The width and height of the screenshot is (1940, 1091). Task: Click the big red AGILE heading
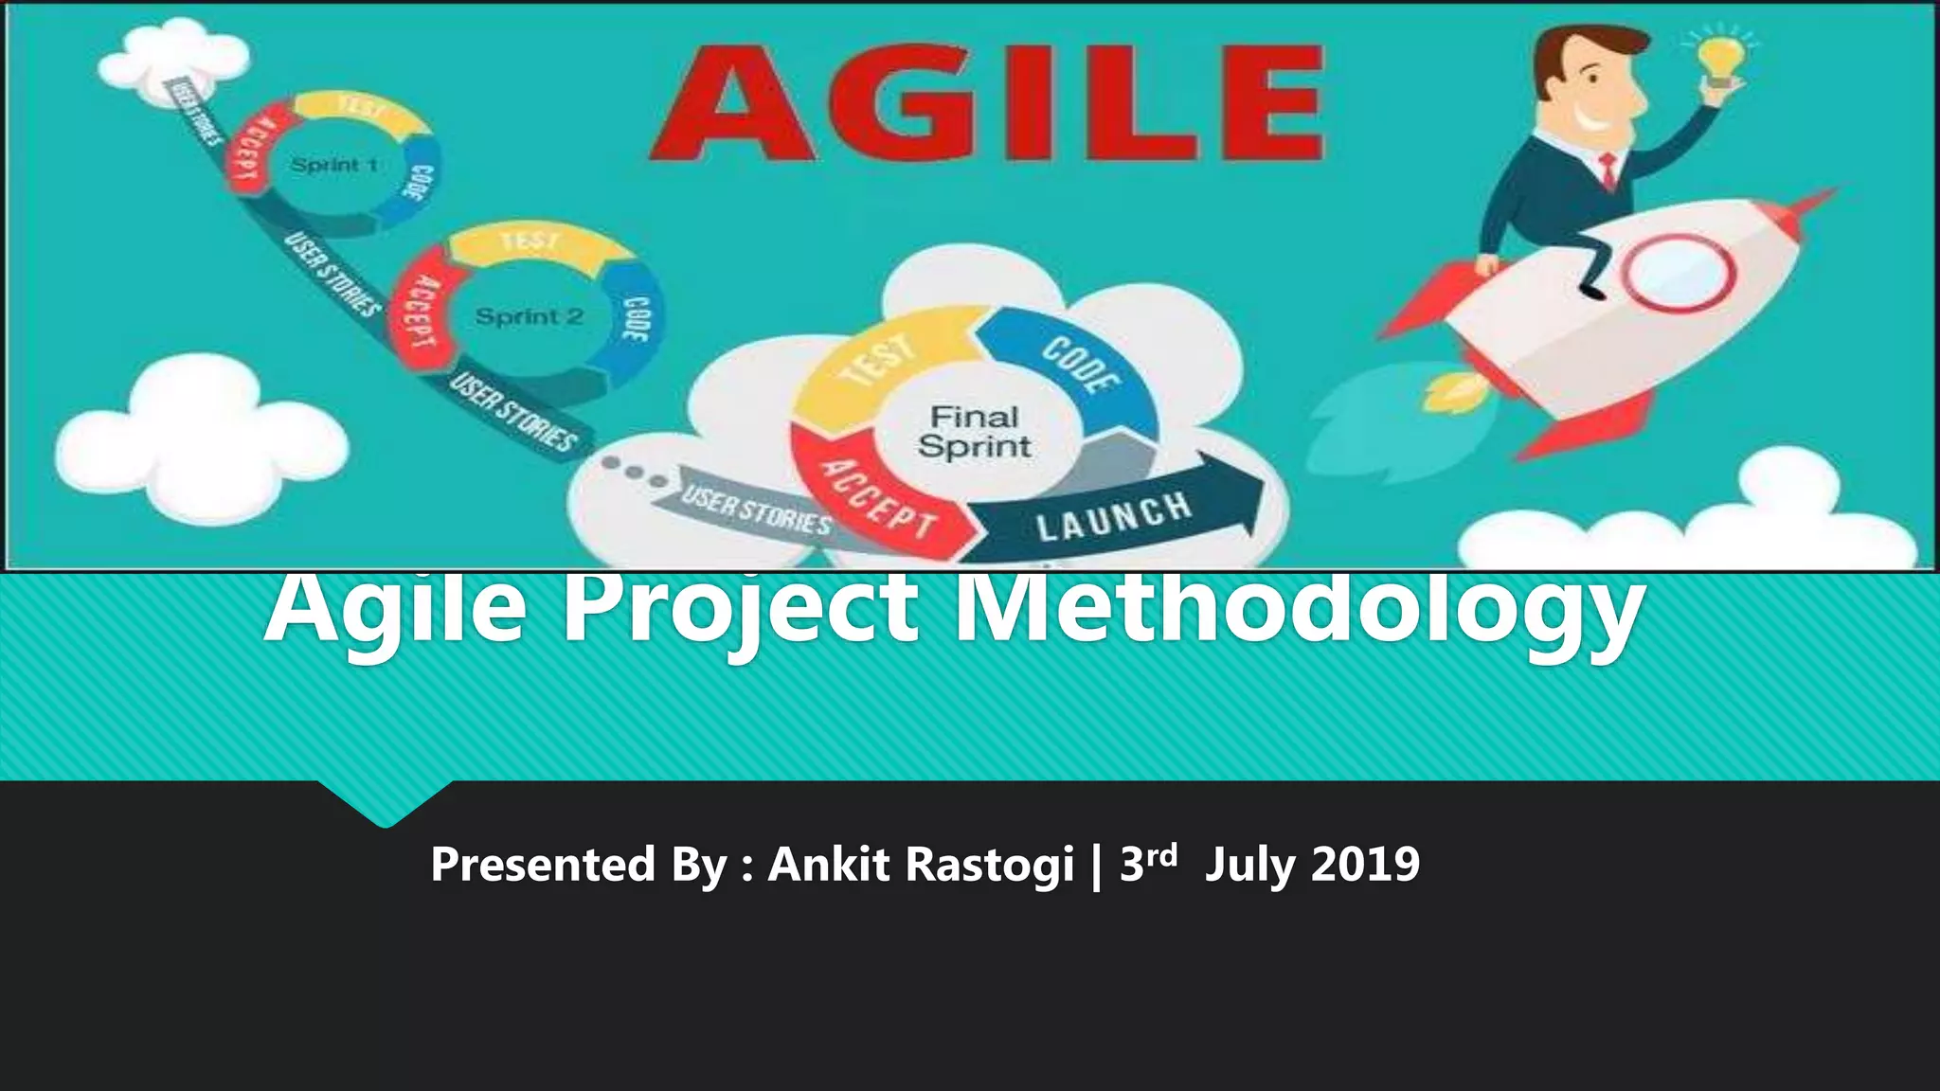[985, 104]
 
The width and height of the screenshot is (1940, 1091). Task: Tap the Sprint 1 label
[333, 165]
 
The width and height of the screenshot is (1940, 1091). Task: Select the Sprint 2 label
[529, 316]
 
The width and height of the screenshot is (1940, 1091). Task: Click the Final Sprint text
[974, 432]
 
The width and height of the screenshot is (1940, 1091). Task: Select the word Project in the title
[739, 606]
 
